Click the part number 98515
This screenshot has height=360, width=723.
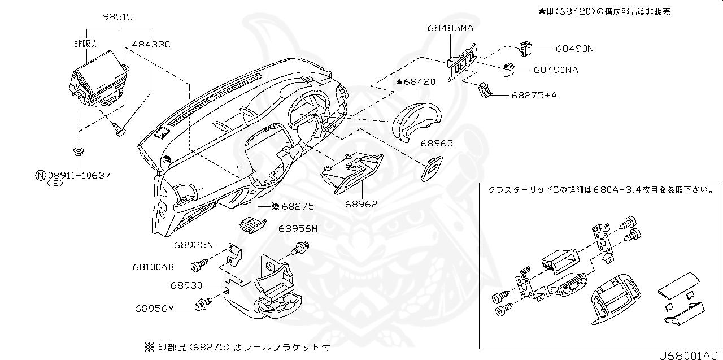click(117, 18)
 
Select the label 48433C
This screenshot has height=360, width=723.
click(151, 44)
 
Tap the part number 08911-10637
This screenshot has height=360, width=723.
click(79, 175)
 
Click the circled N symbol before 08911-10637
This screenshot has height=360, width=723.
click(40, 175)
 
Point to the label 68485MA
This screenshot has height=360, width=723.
click(450, 27)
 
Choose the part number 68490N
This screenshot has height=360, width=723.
click(574, 49)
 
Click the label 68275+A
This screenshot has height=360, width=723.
click(534, 95)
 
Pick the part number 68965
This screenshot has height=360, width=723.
click(436, 144)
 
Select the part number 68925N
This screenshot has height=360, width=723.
click(193, 245)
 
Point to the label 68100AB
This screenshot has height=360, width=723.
click(153, 267)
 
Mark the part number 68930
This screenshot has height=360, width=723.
click(186, 287)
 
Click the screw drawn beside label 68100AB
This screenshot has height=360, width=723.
click(198, 265)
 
